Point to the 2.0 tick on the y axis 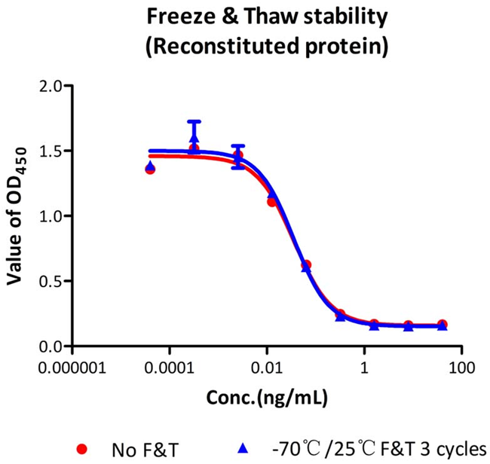tap(50, 86)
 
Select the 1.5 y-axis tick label tap(50, 151)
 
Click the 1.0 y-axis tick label tap(50, 216)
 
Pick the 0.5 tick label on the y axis tap(50, 281)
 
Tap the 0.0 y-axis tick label tap(50, 346)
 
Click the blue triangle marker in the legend tap(243, 448)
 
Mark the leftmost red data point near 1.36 tap(150, 169)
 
